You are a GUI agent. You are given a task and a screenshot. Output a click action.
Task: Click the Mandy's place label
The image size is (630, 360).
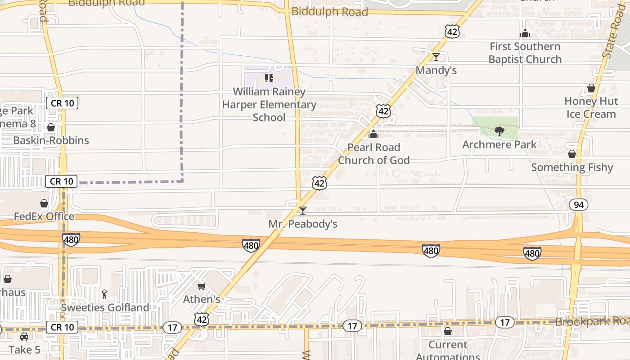click(436, 70)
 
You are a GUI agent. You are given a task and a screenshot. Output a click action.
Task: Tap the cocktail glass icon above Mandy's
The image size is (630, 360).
click(436, 57)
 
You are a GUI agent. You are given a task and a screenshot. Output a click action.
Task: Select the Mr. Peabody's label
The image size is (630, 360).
click(303, 224)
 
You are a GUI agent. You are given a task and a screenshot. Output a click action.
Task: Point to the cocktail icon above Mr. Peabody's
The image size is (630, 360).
click(303, 210)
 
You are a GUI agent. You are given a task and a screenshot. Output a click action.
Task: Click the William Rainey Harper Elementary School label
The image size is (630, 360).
click(269, 104)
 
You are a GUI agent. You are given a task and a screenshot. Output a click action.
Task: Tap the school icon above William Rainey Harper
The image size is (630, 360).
click(269, 79)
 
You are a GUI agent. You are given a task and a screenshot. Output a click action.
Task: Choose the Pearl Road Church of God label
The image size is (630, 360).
click(373, 154)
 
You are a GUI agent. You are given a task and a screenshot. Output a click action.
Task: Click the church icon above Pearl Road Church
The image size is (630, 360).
click(373, 134)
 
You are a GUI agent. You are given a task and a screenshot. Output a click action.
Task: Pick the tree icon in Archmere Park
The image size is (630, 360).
click(499, 131)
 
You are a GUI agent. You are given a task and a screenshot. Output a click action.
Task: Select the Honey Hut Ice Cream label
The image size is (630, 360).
click(590, 108)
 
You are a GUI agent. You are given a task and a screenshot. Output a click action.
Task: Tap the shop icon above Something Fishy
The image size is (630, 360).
click(572, 154)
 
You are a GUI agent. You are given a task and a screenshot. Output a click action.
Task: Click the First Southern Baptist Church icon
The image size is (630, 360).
click(525, 33)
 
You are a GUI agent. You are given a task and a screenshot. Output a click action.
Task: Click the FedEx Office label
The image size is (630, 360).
click(44, 216)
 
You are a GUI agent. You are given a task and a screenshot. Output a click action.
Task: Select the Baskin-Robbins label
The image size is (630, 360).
click(51, 140)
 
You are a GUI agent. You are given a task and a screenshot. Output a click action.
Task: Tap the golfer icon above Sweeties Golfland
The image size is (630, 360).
click(105, 294)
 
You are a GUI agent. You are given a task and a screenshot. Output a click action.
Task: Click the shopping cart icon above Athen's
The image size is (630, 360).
click(202, 286)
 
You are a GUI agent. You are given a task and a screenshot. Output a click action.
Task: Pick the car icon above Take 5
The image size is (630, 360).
click(24, 337)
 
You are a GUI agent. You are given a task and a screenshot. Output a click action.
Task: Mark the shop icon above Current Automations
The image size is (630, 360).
click(448, 332)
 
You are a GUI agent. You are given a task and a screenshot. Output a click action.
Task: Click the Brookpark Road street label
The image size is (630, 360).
click(592, 322)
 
